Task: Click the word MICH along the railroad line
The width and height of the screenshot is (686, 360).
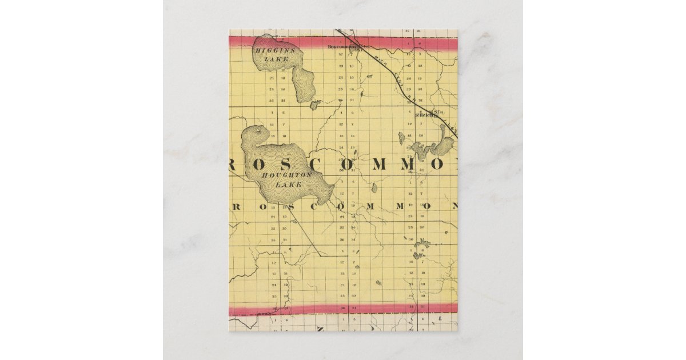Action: [x=363, y=57]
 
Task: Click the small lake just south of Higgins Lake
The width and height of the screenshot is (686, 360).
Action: [x=314, y=104]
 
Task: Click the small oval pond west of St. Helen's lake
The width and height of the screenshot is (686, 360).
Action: [x=401, y=138]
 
